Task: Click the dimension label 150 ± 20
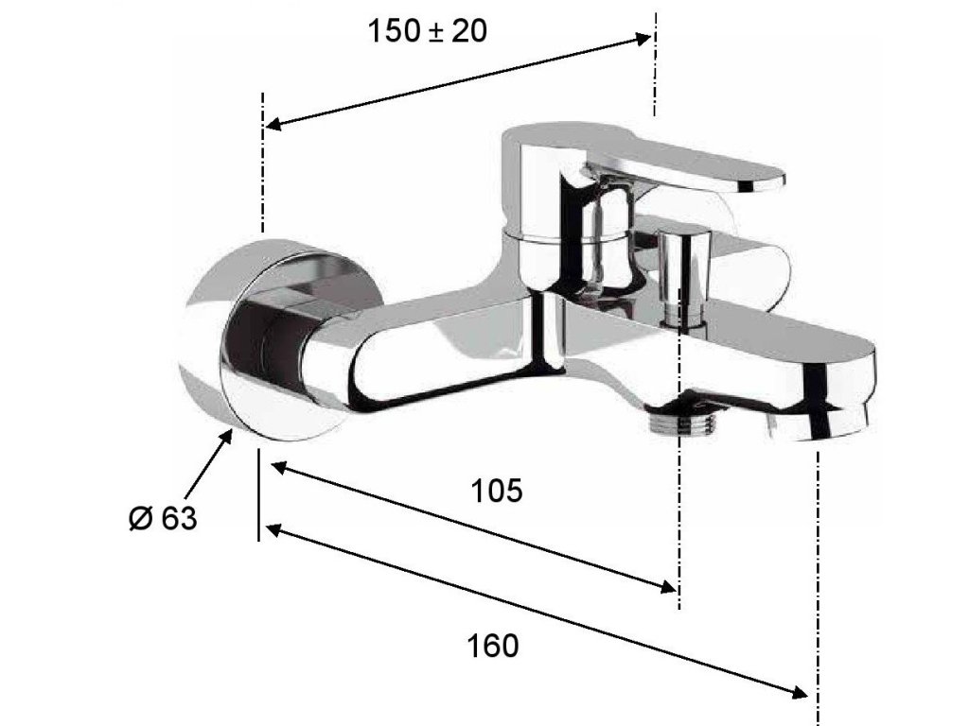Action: [x=427, y=31]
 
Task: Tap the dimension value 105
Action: [x=496, y=492]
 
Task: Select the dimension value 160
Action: [x=492, y=646]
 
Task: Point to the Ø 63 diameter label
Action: [x=163, y=518]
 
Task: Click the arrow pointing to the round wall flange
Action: [x=207, y=464]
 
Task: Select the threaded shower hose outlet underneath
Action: [x=679, y=421]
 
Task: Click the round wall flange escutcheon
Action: [x=272, y=338]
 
